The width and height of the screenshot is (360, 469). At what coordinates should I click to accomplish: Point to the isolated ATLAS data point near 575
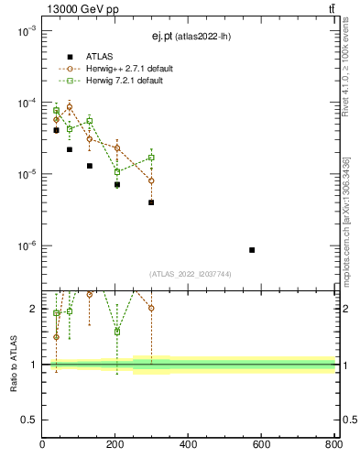pos(252,250)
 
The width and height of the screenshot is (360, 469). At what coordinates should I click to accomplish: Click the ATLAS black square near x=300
pos(151,202)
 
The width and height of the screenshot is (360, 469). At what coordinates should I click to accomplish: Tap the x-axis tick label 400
pos(189,446)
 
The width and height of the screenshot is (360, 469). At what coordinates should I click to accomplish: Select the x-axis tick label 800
pos(333,446)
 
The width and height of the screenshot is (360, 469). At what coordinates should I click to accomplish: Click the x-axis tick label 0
pos(43,446)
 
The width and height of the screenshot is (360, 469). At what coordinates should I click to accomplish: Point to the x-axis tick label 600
pos(261,446)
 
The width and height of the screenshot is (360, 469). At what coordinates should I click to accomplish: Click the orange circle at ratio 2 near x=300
pos(151,308)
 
